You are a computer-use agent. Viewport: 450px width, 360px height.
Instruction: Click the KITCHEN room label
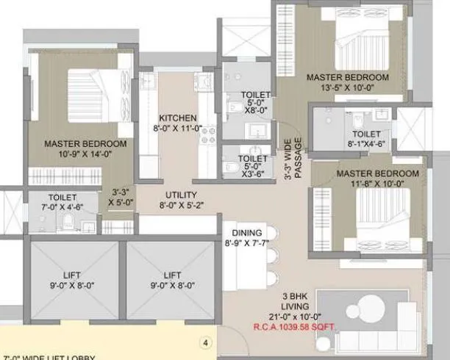pyautogui.click(x=178, y=118)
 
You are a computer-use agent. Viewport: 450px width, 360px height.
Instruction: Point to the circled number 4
pyautogui.click(x=207, y=342)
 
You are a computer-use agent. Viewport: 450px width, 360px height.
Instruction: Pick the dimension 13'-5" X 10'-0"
pyautogui.click(x=347, y=87)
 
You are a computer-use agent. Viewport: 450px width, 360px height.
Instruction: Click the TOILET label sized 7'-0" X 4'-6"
pyautogui.click(x=63, y=198)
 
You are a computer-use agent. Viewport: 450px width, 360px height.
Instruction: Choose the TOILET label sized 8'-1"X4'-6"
pyautogui.click(x=366, y=134)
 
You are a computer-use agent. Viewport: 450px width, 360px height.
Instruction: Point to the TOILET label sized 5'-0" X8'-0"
pyautogui.click(x=256, y=96)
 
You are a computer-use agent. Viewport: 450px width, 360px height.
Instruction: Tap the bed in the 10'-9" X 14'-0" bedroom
pyautogui.click(x=95, y=96)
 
